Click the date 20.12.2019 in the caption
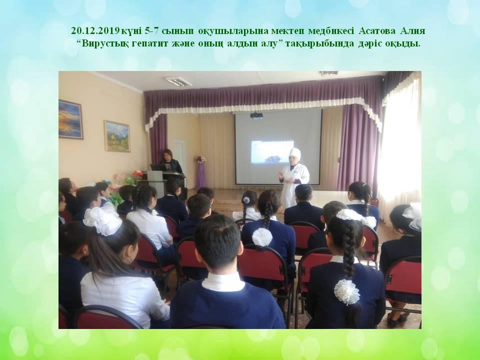click(95, 31)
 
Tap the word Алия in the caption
click(415, 31)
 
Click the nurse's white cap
click(295, 153)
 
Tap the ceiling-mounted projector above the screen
click(257, 115)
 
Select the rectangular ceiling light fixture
click(179, 81)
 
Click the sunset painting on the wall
click(70, 119)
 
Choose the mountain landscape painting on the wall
click(117, 136)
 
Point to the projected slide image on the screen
click(272, 152)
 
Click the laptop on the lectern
click(158, 167)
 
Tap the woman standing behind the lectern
click(170, 161)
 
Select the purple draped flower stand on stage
click(201, 172)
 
